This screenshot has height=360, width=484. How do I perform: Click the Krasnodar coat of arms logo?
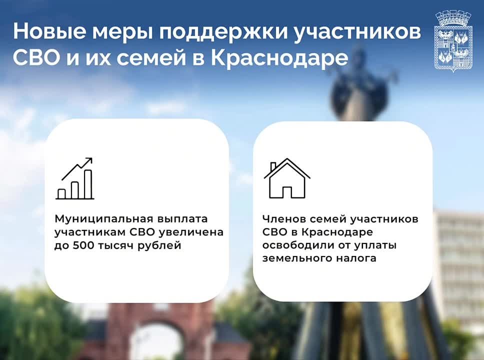point(453,41)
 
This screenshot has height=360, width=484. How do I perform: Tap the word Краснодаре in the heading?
point(279,58)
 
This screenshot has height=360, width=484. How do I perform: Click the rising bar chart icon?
point(74,178)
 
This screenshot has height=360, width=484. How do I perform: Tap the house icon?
point(287,178)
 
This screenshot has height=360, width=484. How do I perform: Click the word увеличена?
point(197,232)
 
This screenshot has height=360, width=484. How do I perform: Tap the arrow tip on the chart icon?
point(91,158)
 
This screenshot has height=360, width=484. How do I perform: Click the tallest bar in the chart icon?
point(88,184)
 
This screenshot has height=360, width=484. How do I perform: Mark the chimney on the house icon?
point(273,166)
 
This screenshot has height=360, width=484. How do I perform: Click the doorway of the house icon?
point(287,192)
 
